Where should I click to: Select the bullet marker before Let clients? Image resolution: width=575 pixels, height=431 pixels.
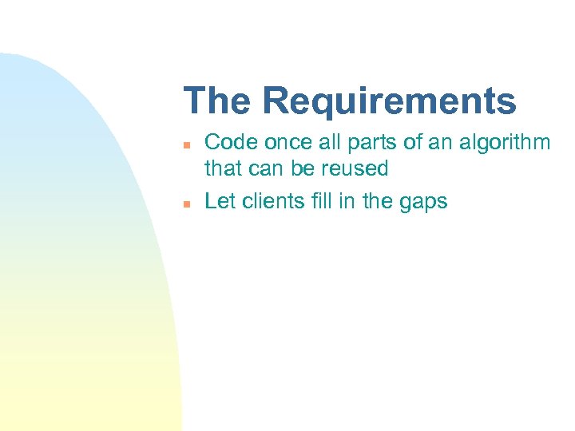(185, 204)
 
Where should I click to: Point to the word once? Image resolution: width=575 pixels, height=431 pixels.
(284, 143)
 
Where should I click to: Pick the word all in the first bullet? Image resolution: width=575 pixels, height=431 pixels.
(327, 143)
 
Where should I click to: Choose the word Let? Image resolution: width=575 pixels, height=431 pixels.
(219, 201)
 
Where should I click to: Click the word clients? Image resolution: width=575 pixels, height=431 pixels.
(270, 201)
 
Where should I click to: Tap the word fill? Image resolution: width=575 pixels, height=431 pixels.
(319, 201)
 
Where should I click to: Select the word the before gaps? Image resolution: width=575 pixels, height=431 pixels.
(377, 201)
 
